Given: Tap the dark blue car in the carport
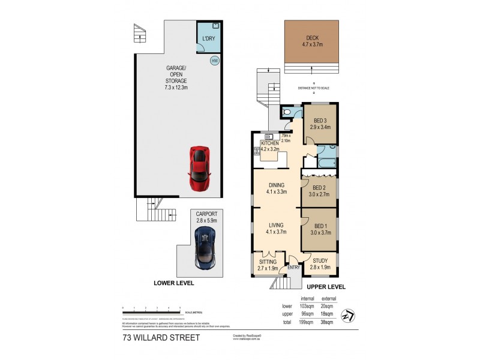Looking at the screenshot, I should (205, 247).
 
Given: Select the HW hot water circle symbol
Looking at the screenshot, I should (214, 61).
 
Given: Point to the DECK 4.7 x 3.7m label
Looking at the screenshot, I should (312, 40).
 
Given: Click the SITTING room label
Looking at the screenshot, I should (267, 265).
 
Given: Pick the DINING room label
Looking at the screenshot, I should (276, 188).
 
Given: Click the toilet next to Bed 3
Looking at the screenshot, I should (287, 112).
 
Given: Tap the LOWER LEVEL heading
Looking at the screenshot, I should (174, 282).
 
